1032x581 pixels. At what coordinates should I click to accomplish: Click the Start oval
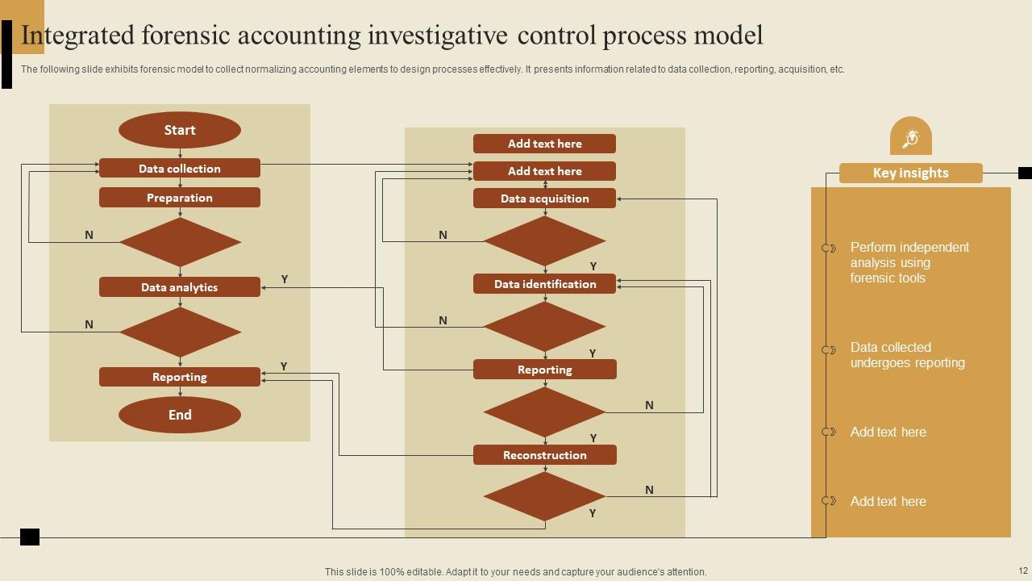pyautogui.click(x=180, y=130)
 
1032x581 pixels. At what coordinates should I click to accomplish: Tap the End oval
pyautogui.click(x=180, y=415)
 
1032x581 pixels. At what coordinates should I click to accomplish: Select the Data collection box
pyautogui.click(x=180, y=169)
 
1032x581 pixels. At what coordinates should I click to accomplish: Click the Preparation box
pyautogui.click(x=180, y=198)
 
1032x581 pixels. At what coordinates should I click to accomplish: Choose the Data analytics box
pyautogui.click(x=180, y=287)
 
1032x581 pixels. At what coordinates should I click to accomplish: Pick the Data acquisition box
pyautogui.click(x=544, y=199)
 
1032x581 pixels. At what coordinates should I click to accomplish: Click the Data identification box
pyautogui.click(x=544, y=284)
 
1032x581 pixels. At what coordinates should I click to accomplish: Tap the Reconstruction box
pyautogui.click(x=544, y=455)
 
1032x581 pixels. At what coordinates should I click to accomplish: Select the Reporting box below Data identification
pyautogui.click(x=544, y=370)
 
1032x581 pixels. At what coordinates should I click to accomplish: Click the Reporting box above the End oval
pyautogui.click(x=180, y=377)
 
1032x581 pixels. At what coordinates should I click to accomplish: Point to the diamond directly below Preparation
pyautogui.click(x=180, y=242)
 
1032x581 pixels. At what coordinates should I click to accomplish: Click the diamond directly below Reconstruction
pyautogui.click(x=544, y=496)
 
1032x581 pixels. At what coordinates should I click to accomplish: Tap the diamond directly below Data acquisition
pyautogui.click(x=544, y=240)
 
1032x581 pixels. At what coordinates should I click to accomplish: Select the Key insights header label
pyautogui.click(x=910, y=173)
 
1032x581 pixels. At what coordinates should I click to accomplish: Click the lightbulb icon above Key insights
pyautogui.click(x=910, y=139)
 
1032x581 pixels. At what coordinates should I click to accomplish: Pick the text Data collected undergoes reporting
pyautogui.click(x=907, y=355)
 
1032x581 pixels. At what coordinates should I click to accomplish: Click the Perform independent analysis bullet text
pyautogui.click(x=909, y=262)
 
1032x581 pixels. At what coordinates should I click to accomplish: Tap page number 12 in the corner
pyautogui.click(x=1023, y=571)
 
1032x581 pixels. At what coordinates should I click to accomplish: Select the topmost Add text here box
pyautogui.click(x=544, y=144)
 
